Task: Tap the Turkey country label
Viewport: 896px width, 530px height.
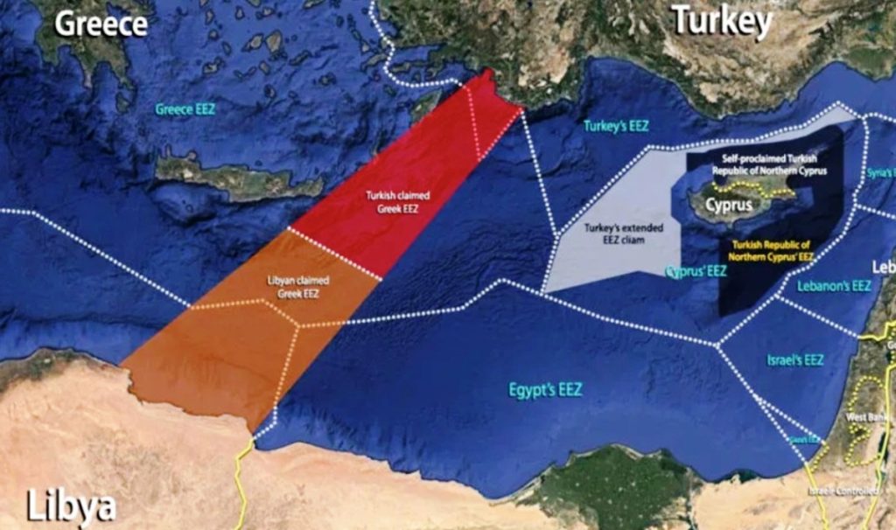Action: (722, 21)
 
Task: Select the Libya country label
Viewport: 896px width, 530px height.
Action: (71, 505)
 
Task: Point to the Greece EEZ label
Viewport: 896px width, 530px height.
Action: (185, 110)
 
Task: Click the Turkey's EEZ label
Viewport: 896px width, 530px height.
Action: (615, 126)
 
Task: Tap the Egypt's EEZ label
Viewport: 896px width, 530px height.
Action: (545, 389)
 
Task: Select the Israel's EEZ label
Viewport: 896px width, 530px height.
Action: (794, 359)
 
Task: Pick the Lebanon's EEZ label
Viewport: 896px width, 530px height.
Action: (834, 286)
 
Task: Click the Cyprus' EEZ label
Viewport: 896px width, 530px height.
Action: (696, 272)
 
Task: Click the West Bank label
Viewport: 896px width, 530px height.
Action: (861, 417)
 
